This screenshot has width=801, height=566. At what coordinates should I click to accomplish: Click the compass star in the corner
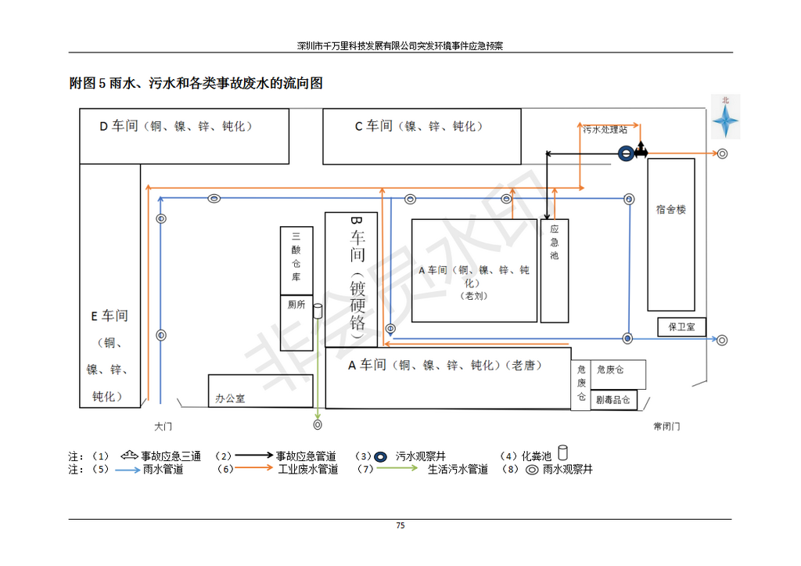[725, 121]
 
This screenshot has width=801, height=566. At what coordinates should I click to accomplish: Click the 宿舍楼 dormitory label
[671, 210]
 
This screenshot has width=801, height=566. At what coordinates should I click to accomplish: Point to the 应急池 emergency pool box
[555, 270]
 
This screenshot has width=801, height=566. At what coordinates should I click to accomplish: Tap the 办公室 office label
[230, 398]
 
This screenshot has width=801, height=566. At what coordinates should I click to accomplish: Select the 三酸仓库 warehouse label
[296, 261]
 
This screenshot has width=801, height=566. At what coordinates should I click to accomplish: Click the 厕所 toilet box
[296, 306]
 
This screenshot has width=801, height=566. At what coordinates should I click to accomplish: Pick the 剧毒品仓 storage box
[615, 400]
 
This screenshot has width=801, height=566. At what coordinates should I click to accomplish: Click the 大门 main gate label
[162, 427]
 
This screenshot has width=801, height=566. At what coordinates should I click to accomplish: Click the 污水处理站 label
[605, 129]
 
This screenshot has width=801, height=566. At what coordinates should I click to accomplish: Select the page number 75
[400, 525]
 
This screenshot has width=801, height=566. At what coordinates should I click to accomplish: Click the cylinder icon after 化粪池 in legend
[562, 453]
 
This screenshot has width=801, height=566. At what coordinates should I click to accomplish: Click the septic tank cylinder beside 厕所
[318, 312]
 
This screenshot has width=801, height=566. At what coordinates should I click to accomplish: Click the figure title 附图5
[196, 84]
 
